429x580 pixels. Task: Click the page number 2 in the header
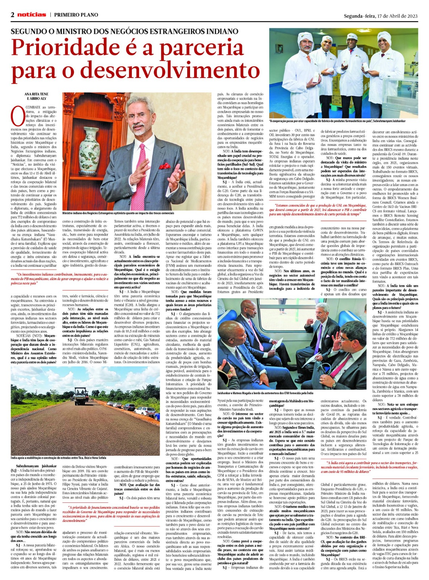[x=13, y=15]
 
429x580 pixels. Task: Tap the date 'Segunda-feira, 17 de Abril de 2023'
[x=381, y=16]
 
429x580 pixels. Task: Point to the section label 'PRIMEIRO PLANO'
[x=76, y=15]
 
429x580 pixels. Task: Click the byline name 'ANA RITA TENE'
[x=36, y=94]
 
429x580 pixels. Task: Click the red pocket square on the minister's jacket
[x=165, y=166]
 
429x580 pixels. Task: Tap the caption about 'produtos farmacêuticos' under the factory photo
[x=337, y=121]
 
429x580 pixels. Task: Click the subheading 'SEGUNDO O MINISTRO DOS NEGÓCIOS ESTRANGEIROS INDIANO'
[x=124, y=32]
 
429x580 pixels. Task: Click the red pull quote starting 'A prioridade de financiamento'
[x=111, y=512]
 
